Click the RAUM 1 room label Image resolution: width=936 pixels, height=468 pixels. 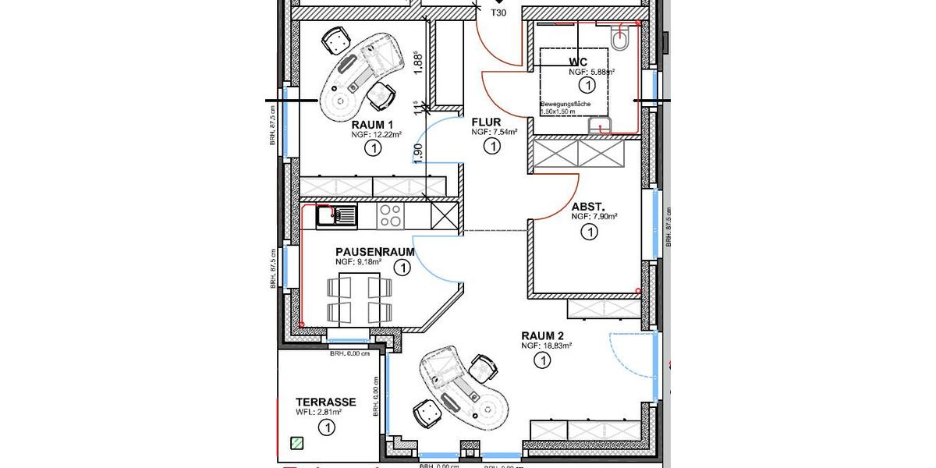[x=372, y=125]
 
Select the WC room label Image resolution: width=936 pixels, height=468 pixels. [x=578, y=62]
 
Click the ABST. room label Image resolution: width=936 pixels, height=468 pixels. [x=589, y=207]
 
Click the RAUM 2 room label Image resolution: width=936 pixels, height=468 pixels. [x=543, y=335]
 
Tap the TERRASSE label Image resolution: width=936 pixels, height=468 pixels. [x=326, y=402]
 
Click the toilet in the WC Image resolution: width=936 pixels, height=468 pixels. [x=621, y=40]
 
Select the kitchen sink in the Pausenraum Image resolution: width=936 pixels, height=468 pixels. [x=336, y=214]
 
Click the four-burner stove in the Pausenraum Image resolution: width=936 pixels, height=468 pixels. [x=390, y=216]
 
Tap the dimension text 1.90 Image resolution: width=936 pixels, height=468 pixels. [x=418, y=153]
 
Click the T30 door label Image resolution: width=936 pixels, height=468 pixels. [x=498, y=13]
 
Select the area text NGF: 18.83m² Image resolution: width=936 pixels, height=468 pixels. [x=548, y=345]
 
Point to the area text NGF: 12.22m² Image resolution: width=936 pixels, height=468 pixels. [x=376, y=134]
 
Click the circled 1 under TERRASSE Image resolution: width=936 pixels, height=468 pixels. [x=326, y=427]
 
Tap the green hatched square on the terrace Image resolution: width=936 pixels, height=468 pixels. [x=296, y=443]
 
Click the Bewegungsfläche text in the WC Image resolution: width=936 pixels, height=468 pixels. [x=565, y=104]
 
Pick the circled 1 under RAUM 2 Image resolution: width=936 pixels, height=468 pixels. [x=541, y=360]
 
